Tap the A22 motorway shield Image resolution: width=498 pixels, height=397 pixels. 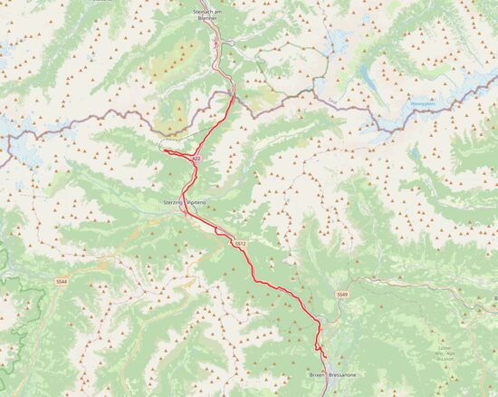pos(195,160)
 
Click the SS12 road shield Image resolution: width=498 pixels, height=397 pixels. pos(240,244)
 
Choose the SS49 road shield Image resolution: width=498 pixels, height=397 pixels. pos(341,296)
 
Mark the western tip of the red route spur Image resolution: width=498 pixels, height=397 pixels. pos(166,151)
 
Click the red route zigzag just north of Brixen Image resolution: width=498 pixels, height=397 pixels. pos(318,345)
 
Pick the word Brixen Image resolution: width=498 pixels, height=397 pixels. pos(316,374)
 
